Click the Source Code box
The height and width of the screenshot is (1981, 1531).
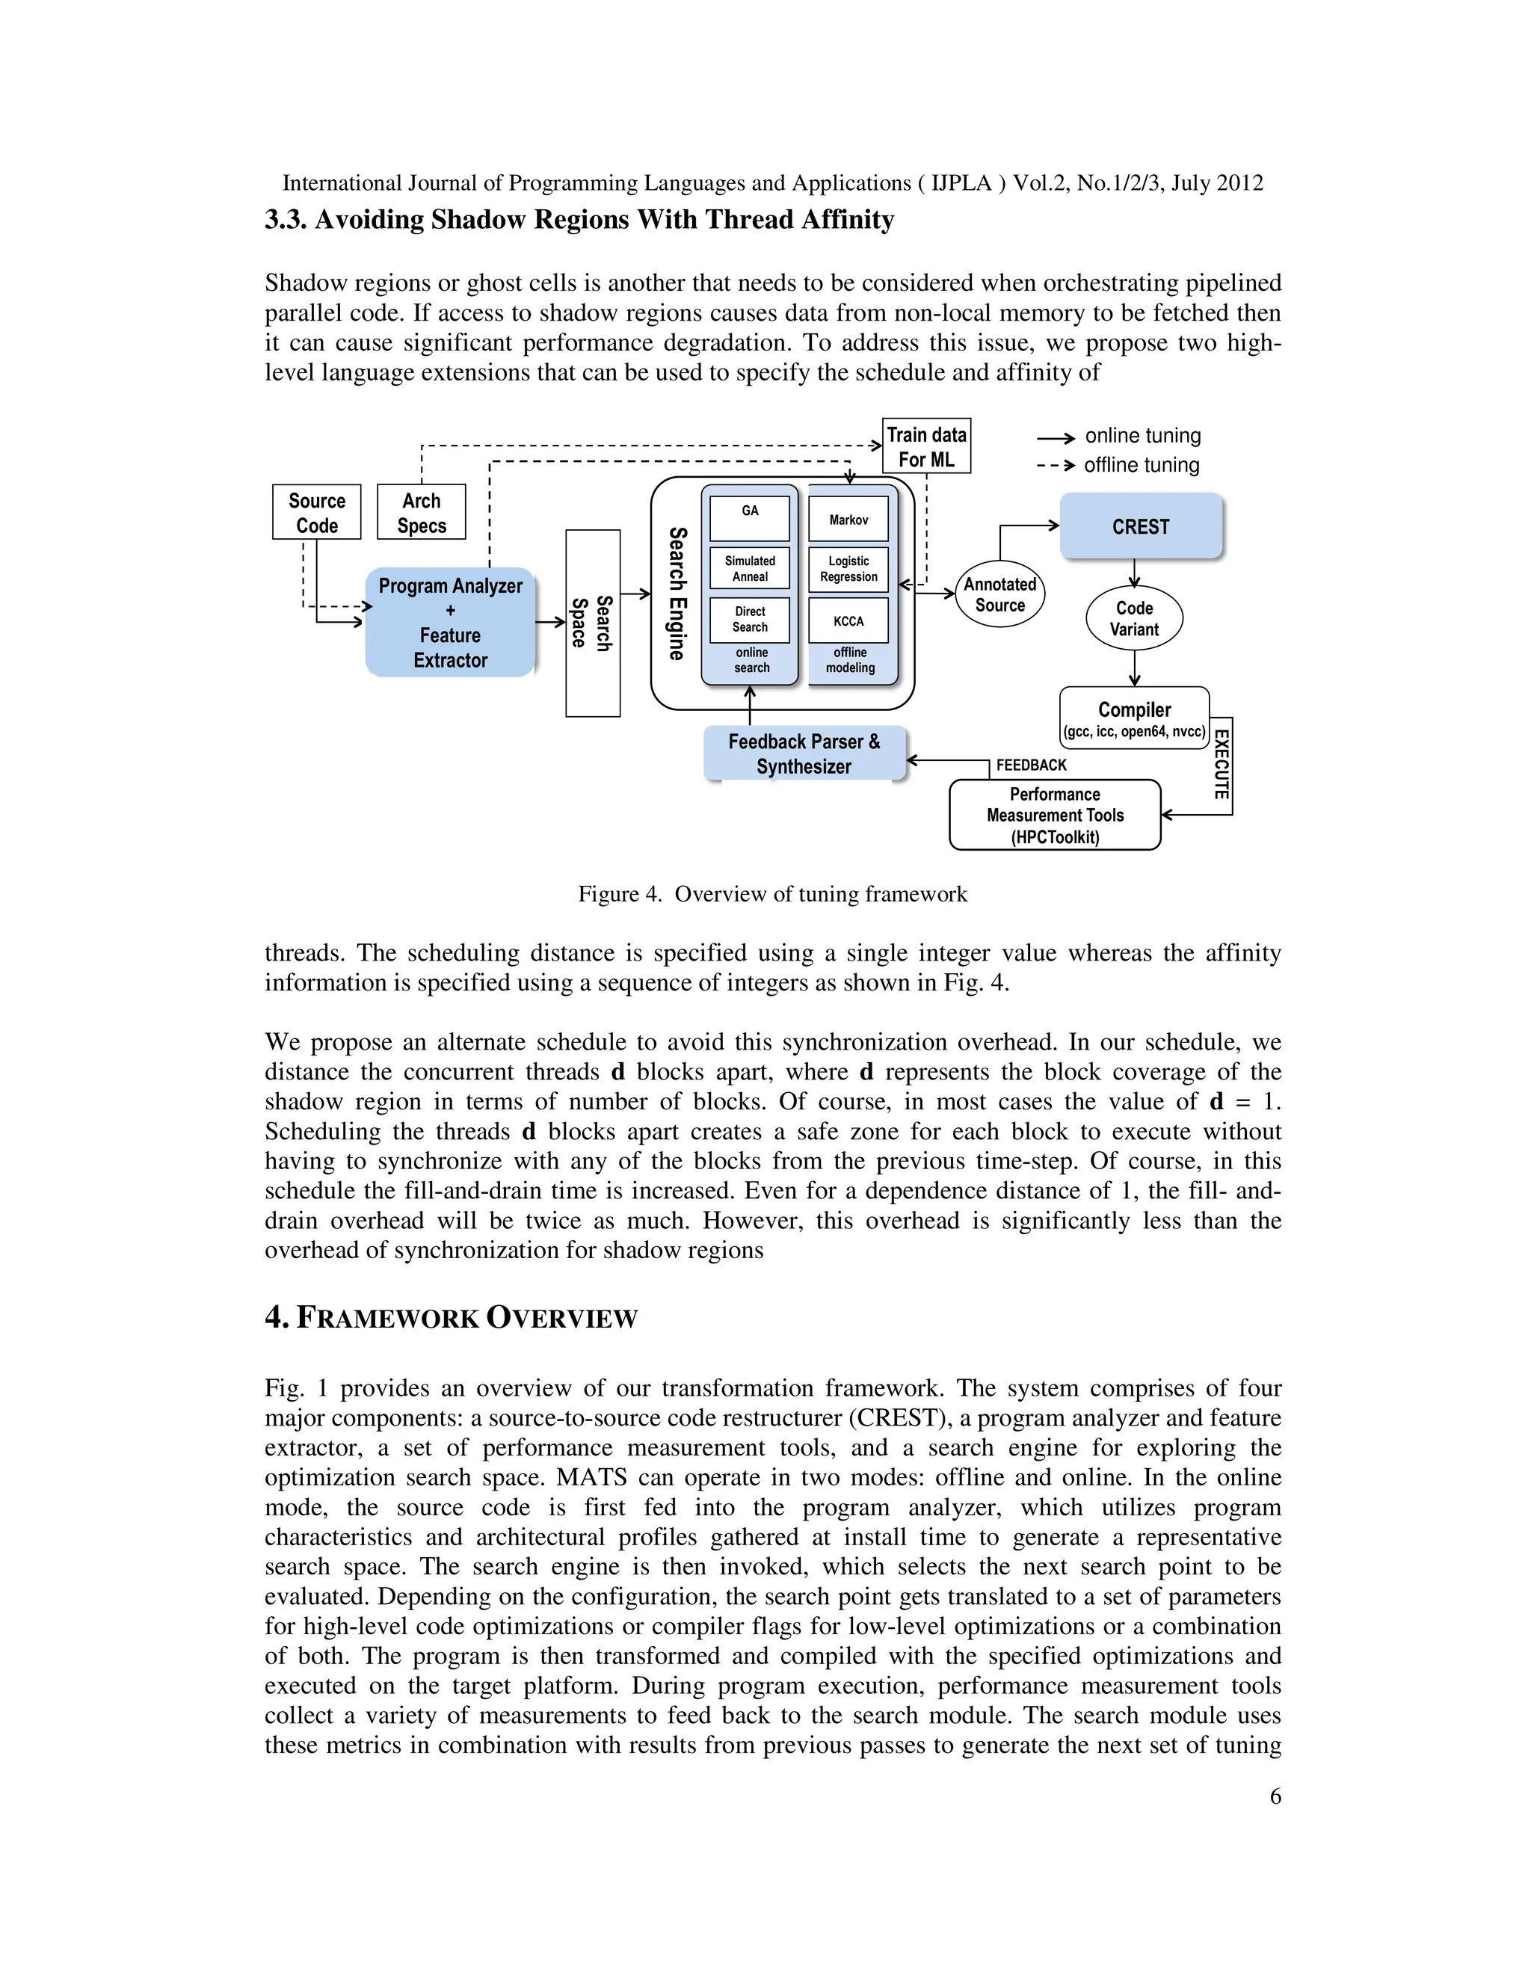316,513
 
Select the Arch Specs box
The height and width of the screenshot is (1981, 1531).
422,513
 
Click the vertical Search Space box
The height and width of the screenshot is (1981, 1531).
592,623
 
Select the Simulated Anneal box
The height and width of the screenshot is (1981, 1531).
749,569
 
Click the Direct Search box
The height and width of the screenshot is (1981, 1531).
749,620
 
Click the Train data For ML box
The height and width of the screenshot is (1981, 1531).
926,446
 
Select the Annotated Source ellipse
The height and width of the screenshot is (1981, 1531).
999,595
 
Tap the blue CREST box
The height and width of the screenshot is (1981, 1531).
1141,526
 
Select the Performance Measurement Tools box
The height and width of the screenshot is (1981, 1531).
1055,816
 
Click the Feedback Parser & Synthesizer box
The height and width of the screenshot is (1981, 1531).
804,754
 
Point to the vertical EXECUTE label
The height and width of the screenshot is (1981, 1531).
1221,764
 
